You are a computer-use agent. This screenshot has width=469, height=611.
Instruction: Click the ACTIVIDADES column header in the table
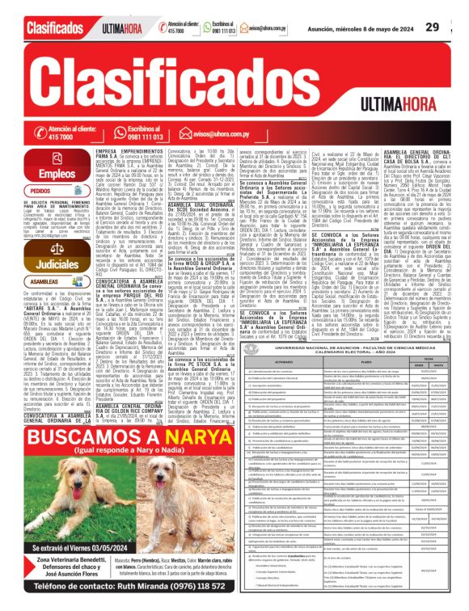[x=286, y=388]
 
